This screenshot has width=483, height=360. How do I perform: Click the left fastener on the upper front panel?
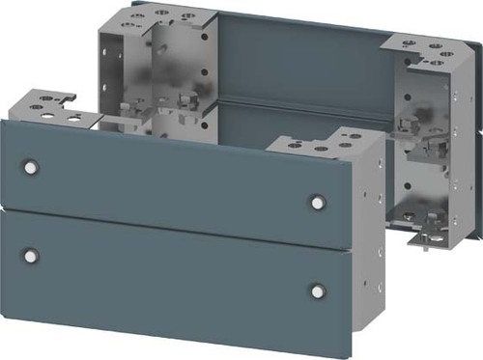(x=31, y=167)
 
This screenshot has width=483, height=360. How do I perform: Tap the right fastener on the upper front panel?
(x=317, y=202)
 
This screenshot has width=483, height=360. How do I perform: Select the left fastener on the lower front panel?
(x=31, y=256)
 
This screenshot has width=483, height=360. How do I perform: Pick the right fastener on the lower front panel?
(x=317, y=291)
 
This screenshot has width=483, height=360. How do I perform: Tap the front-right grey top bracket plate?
(x=314, y=148)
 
